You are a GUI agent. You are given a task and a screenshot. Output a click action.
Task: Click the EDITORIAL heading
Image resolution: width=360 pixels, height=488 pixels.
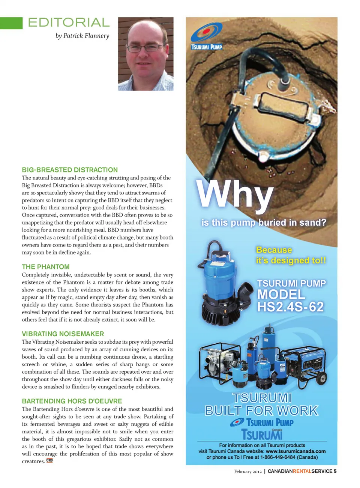[69, 22]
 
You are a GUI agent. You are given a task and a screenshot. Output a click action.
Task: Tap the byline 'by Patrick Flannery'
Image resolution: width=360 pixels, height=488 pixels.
[82, 36]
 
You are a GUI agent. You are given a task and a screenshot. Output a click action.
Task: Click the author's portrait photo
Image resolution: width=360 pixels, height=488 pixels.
[145, 54]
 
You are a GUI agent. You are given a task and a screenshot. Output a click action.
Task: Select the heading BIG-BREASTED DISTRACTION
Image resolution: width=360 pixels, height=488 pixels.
[70, 170]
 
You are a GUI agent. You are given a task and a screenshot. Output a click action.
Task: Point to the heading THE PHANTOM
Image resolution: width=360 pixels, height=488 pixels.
[46, 267]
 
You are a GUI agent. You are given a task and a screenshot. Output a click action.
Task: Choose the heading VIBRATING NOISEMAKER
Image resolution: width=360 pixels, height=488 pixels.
[63, 334]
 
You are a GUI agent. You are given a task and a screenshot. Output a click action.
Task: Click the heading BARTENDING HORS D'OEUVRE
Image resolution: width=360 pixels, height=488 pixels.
[72, 401]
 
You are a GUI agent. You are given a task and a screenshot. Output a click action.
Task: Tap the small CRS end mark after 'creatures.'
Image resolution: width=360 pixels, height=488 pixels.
[49, 461]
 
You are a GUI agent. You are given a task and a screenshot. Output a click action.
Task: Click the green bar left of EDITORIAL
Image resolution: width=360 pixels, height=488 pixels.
[11, 23]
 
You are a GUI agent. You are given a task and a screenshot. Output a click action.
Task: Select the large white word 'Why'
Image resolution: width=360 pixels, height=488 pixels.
[235, 195]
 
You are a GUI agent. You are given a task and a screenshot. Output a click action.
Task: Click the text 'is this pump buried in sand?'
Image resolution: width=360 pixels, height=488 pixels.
[264, 223]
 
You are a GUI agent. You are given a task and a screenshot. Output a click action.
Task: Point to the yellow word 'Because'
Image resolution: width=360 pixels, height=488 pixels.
[274, 250]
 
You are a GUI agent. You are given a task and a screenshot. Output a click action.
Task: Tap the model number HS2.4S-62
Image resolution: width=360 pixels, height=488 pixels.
[290, 307]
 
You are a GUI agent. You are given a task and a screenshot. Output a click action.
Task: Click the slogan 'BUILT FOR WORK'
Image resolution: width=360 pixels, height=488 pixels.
[261, 411]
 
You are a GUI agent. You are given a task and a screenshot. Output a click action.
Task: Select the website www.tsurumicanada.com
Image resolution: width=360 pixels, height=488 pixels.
[295, 451]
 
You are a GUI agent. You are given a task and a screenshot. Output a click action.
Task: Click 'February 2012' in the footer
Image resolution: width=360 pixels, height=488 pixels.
[248, 472]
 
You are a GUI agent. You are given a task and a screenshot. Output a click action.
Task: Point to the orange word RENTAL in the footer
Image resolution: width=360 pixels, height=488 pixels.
[302, 472]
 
